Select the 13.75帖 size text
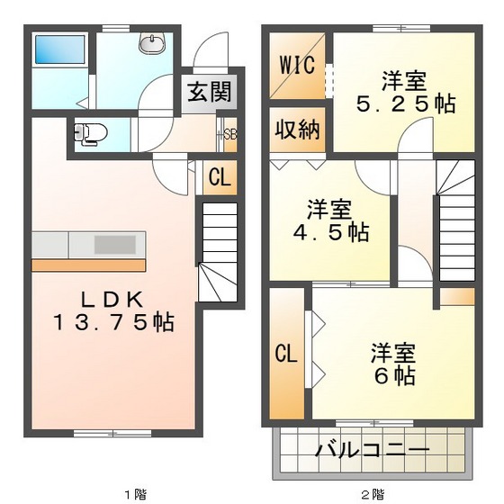[x=112, y=322]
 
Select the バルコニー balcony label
[x=372, y=450]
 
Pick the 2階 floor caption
[x=373, y=493]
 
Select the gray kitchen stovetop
[x=117, y=243]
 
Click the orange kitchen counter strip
[x=89, y=265]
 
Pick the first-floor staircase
[x=217, y=247]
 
